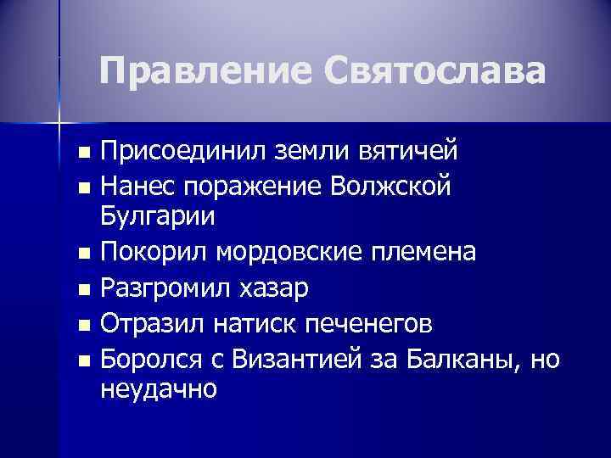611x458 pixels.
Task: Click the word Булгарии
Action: (158, 215)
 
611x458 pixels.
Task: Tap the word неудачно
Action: (159, 389)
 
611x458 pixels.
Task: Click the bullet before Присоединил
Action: (81, 153)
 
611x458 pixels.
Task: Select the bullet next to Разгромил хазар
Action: (81, 289)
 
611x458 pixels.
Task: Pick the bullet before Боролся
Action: (81, 360)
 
